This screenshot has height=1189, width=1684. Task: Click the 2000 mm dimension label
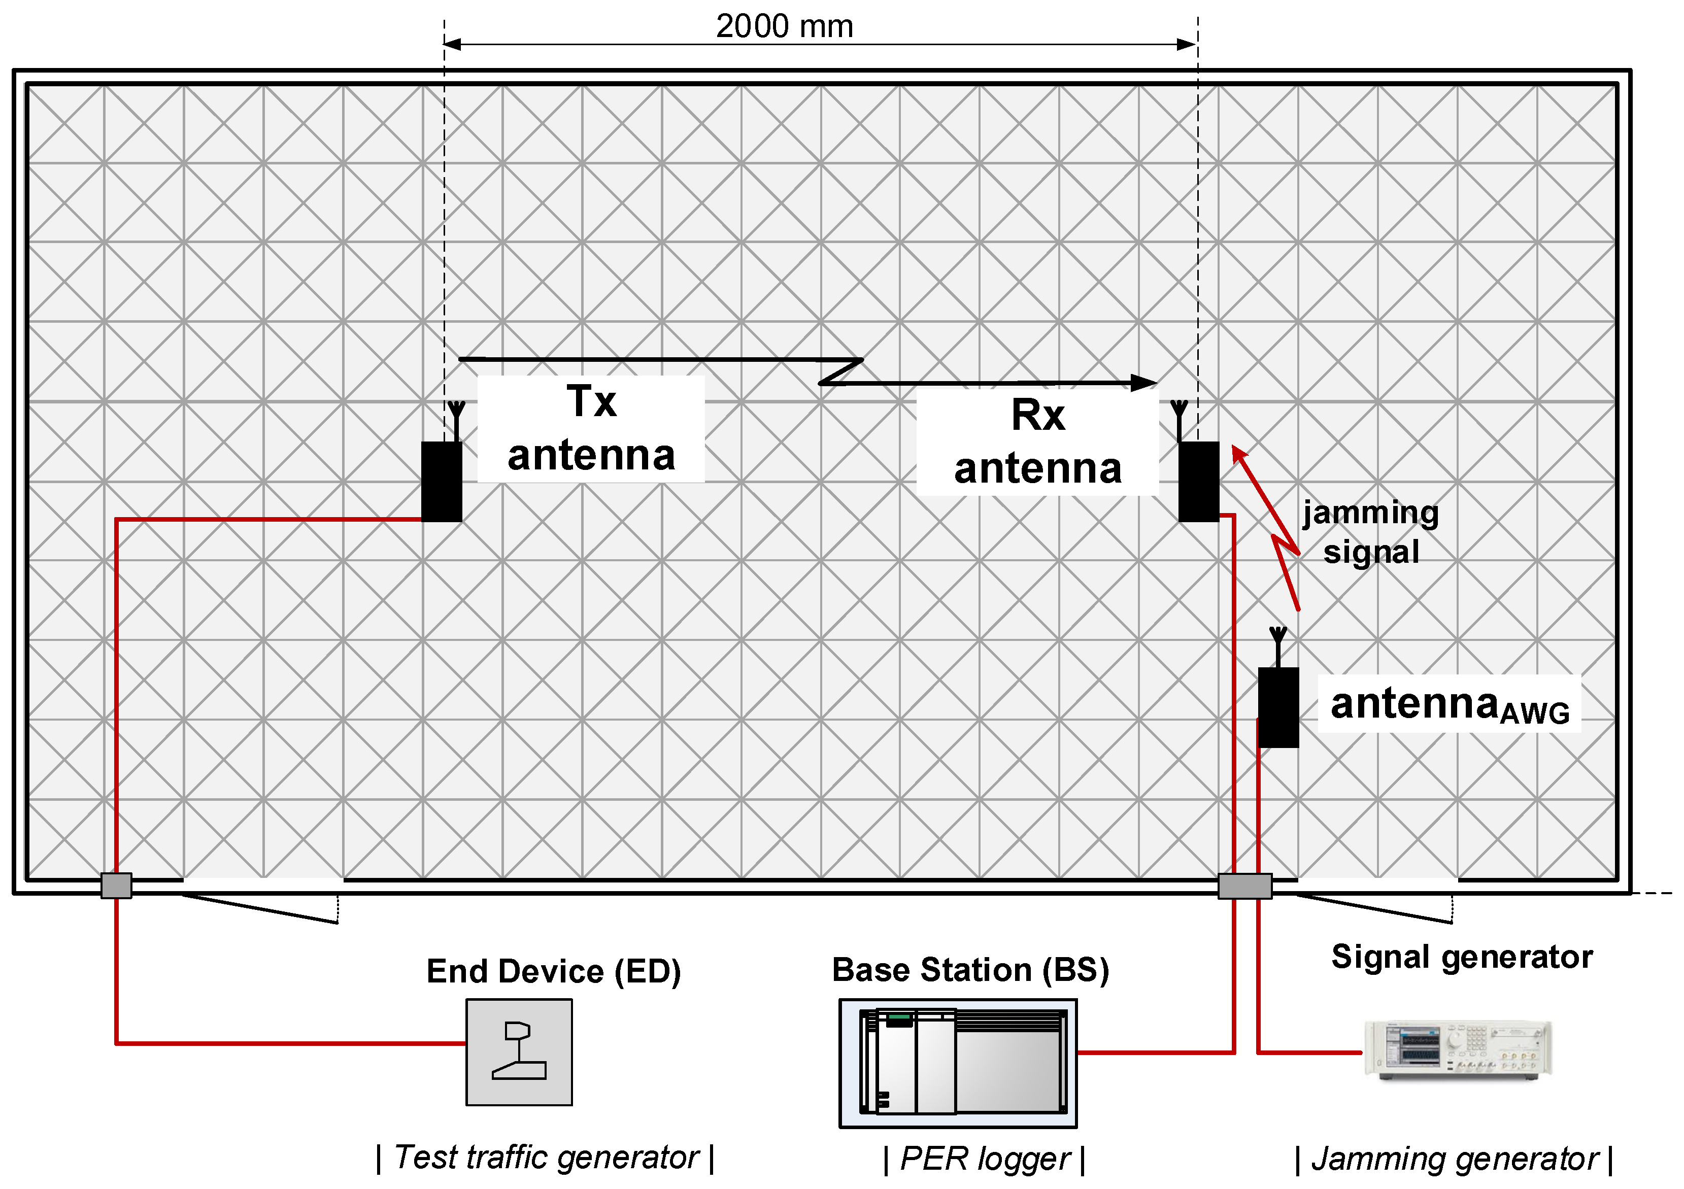pyautogui.click(x=784, y=26)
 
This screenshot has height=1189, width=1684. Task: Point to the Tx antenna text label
pyautogui.click(x=591, y=429)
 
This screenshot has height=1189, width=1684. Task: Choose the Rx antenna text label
pyautogui.click(x=1037, y=443)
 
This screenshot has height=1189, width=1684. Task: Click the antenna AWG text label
pyautogui.click(x=1449, y=705)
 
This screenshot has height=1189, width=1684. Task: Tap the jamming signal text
pyautogui.click(x=1370, y=532)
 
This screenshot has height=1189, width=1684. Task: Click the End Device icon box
pyautogui.click(x=519, y=1052)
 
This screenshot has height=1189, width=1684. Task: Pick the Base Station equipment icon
pyautogui.click(x=958, y=1063)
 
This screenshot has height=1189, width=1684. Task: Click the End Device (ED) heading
pyautogui.click(x=554, y=971)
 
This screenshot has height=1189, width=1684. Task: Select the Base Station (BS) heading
pyautogui.click(x=970, y=970)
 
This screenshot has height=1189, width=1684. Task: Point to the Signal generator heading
pyautogui.click(x=1462, y=957)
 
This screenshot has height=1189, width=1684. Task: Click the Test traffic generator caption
pyautogui.click(x=545, y=1158)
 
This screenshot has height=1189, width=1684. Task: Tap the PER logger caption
pyautogui.click(x=984, y=1159)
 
